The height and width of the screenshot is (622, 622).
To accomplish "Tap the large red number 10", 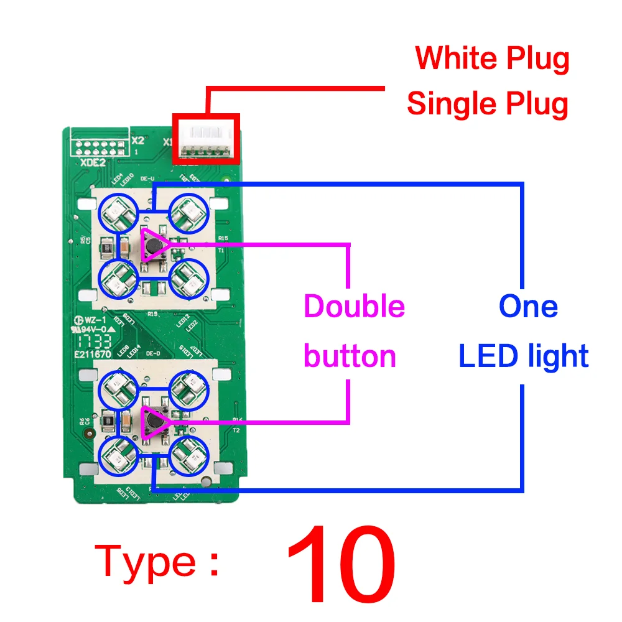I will pos(341,567).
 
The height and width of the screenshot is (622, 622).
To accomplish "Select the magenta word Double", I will pos(354,307).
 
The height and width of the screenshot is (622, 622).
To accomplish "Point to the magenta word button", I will pos(350,356).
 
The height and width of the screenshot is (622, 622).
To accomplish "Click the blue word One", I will pos(528,307).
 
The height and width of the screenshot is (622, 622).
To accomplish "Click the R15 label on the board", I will pos(223,238).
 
